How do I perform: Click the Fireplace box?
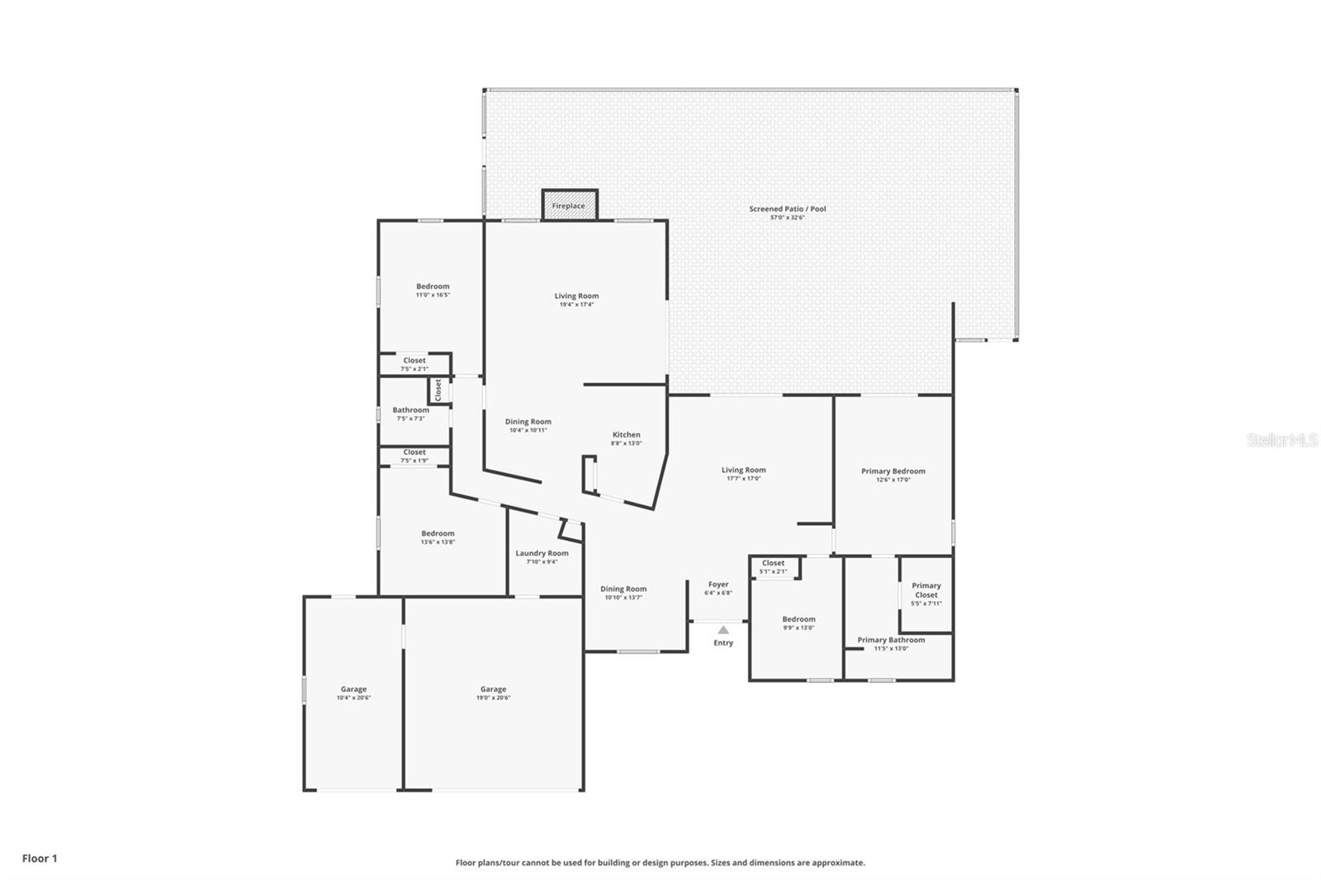tap(569, 206)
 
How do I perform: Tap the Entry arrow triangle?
tap(723, 630)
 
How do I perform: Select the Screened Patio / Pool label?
tap(787, 209)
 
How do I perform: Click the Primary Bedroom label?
tap(893, 471)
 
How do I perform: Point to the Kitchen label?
tap(626, 435)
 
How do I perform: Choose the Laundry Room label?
tap(542, 553)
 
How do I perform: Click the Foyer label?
tap(718, 584)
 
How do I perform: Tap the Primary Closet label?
tap(926, 590)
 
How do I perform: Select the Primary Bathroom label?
tap(891, 640)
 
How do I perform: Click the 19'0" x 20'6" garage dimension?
tap(493, 698)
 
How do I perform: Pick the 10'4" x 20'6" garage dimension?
tap(353, 698)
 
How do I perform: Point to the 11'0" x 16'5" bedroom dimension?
tap(433, 295)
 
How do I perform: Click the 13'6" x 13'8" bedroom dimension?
tap(438, 542)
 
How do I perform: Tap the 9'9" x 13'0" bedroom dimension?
tap(798, 627)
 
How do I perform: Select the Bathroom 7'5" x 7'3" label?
tap(410, 410)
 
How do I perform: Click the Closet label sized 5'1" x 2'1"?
tap(773, 563)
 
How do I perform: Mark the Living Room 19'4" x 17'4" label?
tap(576, 296)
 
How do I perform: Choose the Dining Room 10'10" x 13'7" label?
tap(623, 589)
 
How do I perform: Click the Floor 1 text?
tap(40, 859)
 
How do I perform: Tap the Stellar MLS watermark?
tap(1281, 441)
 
